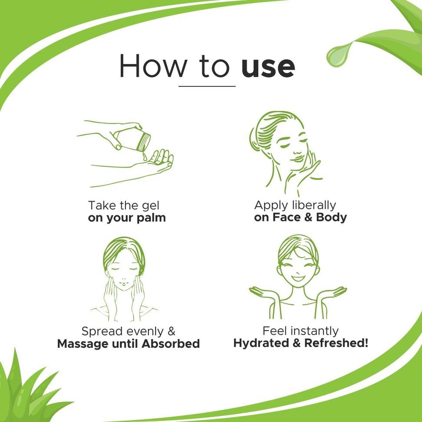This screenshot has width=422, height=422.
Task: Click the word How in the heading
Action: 153,66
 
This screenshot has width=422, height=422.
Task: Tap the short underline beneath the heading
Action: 207,86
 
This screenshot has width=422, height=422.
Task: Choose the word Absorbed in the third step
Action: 171,344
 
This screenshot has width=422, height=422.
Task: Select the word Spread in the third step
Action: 102,331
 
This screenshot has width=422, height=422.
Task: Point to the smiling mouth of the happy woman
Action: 298,278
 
